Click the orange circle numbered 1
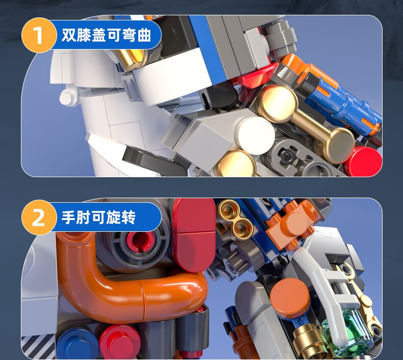pyautogui.click(x=39, y=35)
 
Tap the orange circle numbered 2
pyautogui.click(x=39, y=218)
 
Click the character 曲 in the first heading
pyautogui.click(x=144, y=35)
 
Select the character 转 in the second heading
pyautogui.click(x=129, y=218)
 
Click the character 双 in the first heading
pyautogui.click(x=69, y=35)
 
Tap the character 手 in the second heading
pyautogui.click(x=68, y=218)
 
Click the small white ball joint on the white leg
pyautogui.click(x=68, y=97)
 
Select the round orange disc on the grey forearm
pyautogui.click(x=290, y=296)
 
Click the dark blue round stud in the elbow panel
pyautogui.click(x=77, y=344)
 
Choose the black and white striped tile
pyautogui.click(x=39, y=347)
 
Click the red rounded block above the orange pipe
pyautogui.click(x=194, y=235)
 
